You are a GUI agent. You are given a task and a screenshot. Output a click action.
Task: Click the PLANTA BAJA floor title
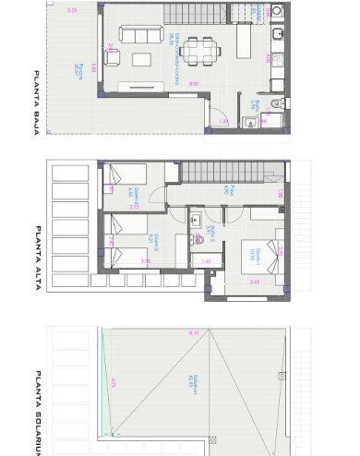tap(36, 102)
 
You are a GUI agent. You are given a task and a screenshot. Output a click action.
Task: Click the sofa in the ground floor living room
tap(138, 36)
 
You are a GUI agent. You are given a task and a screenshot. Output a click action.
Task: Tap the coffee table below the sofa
tap(143, 59)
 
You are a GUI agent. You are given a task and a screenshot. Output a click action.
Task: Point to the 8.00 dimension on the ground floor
tap(194, 84)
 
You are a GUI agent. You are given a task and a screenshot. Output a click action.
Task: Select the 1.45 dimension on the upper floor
tap(206, 262)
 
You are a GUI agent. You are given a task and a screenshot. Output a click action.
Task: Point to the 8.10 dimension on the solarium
tap(193, 333)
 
